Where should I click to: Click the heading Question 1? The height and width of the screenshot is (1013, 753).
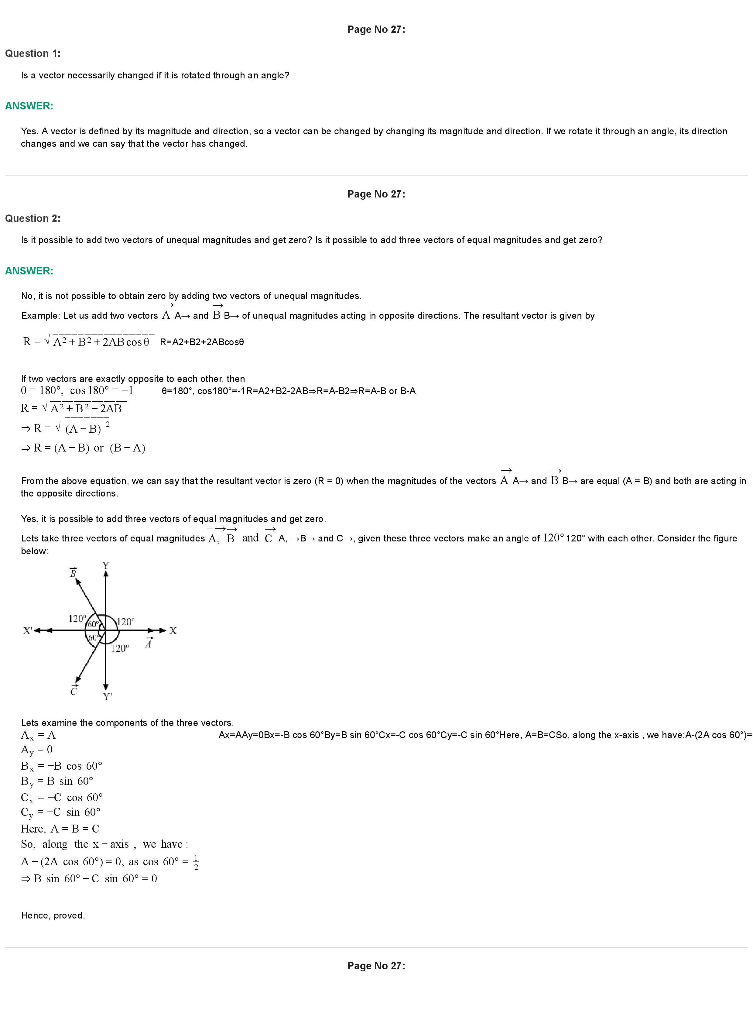[33, 53]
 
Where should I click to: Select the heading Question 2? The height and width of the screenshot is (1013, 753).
[33, 218]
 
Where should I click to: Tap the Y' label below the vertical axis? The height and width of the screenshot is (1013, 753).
[108, 696]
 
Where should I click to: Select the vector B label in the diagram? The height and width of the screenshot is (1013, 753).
[73, 573]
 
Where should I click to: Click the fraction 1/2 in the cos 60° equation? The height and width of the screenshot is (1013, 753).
[196, 862]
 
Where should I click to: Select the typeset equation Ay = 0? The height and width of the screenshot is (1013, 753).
[37, 750]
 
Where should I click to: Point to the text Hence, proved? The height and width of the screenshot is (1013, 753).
[53, 915]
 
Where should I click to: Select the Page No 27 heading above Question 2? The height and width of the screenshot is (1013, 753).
[376, 194]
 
